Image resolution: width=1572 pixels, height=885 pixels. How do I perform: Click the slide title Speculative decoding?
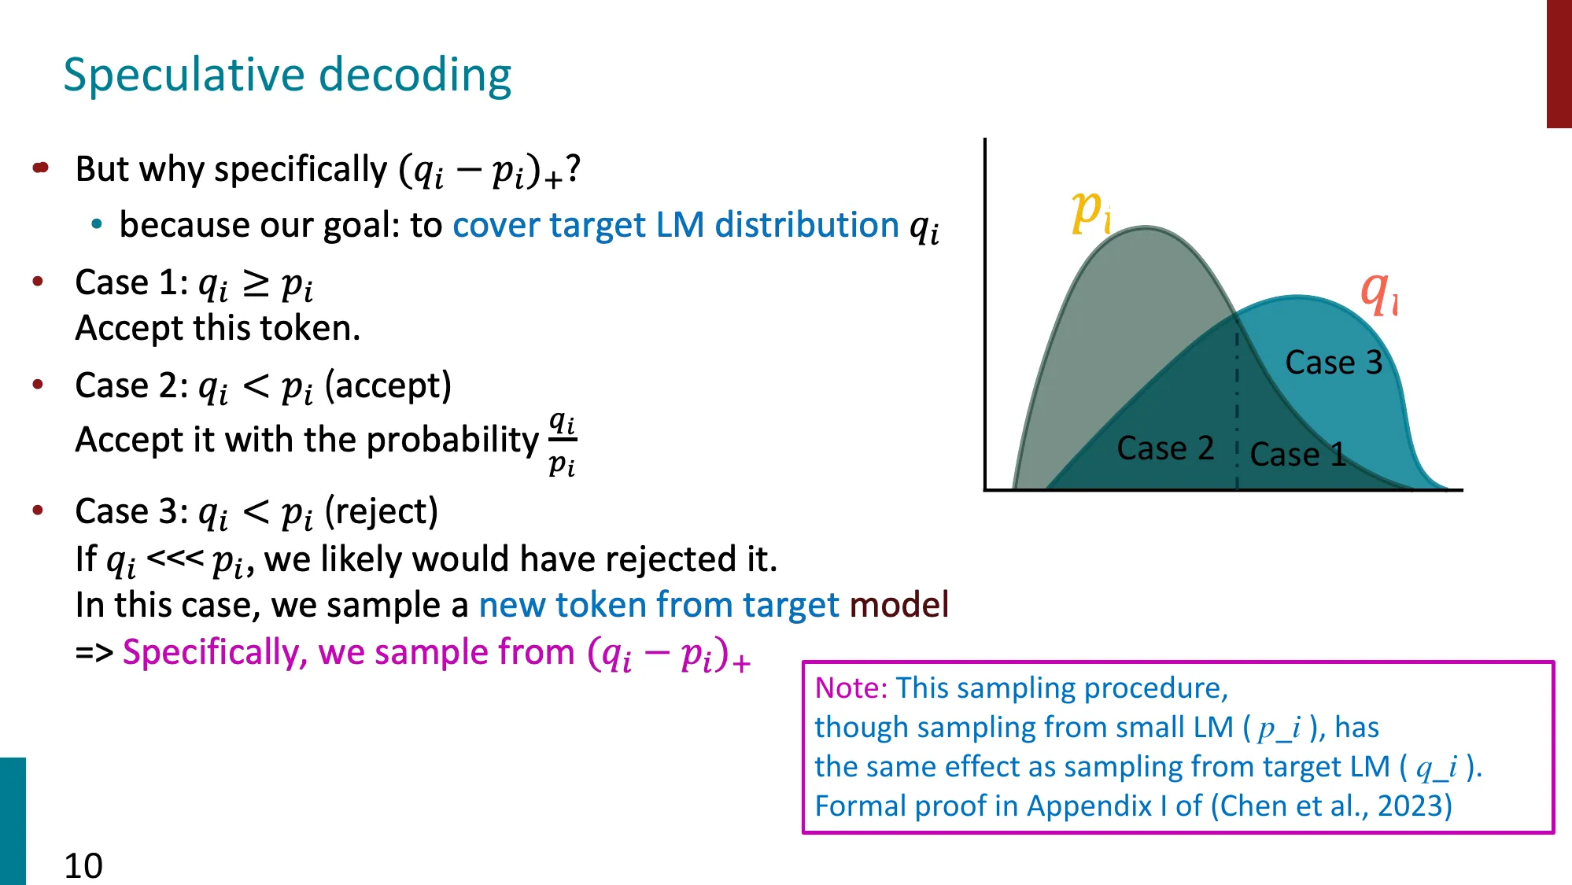coord(287,75)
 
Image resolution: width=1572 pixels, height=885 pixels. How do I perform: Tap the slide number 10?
coord(83,865)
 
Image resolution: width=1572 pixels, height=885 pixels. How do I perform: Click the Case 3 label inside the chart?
coord(1334,363)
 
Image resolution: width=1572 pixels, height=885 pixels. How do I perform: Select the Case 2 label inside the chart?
coord(1165,448)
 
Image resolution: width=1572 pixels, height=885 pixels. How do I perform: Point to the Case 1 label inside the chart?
coord(1297,455)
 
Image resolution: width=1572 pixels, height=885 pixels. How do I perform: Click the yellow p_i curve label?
coord(1090,211)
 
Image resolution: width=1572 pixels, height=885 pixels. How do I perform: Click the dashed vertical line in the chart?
coord(1237,409)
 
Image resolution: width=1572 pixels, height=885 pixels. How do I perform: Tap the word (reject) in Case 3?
coord(382,511)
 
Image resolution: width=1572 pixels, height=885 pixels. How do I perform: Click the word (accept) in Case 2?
coord(388,385)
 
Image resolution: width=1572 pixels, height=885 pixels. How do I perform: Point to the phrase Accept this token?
coord(217,328)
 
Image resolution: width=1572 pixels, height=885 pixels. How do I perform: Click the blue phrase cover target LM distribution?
coord(675,226)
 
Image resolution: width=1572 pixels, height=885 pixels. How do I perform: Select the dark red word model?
coord(899,605)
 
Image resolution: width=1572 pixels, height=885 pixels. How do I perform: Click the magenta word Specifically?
coord(215,652)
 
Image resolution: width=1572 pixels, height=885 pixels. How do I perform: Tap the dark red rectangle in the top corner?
coord(1559,63)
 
